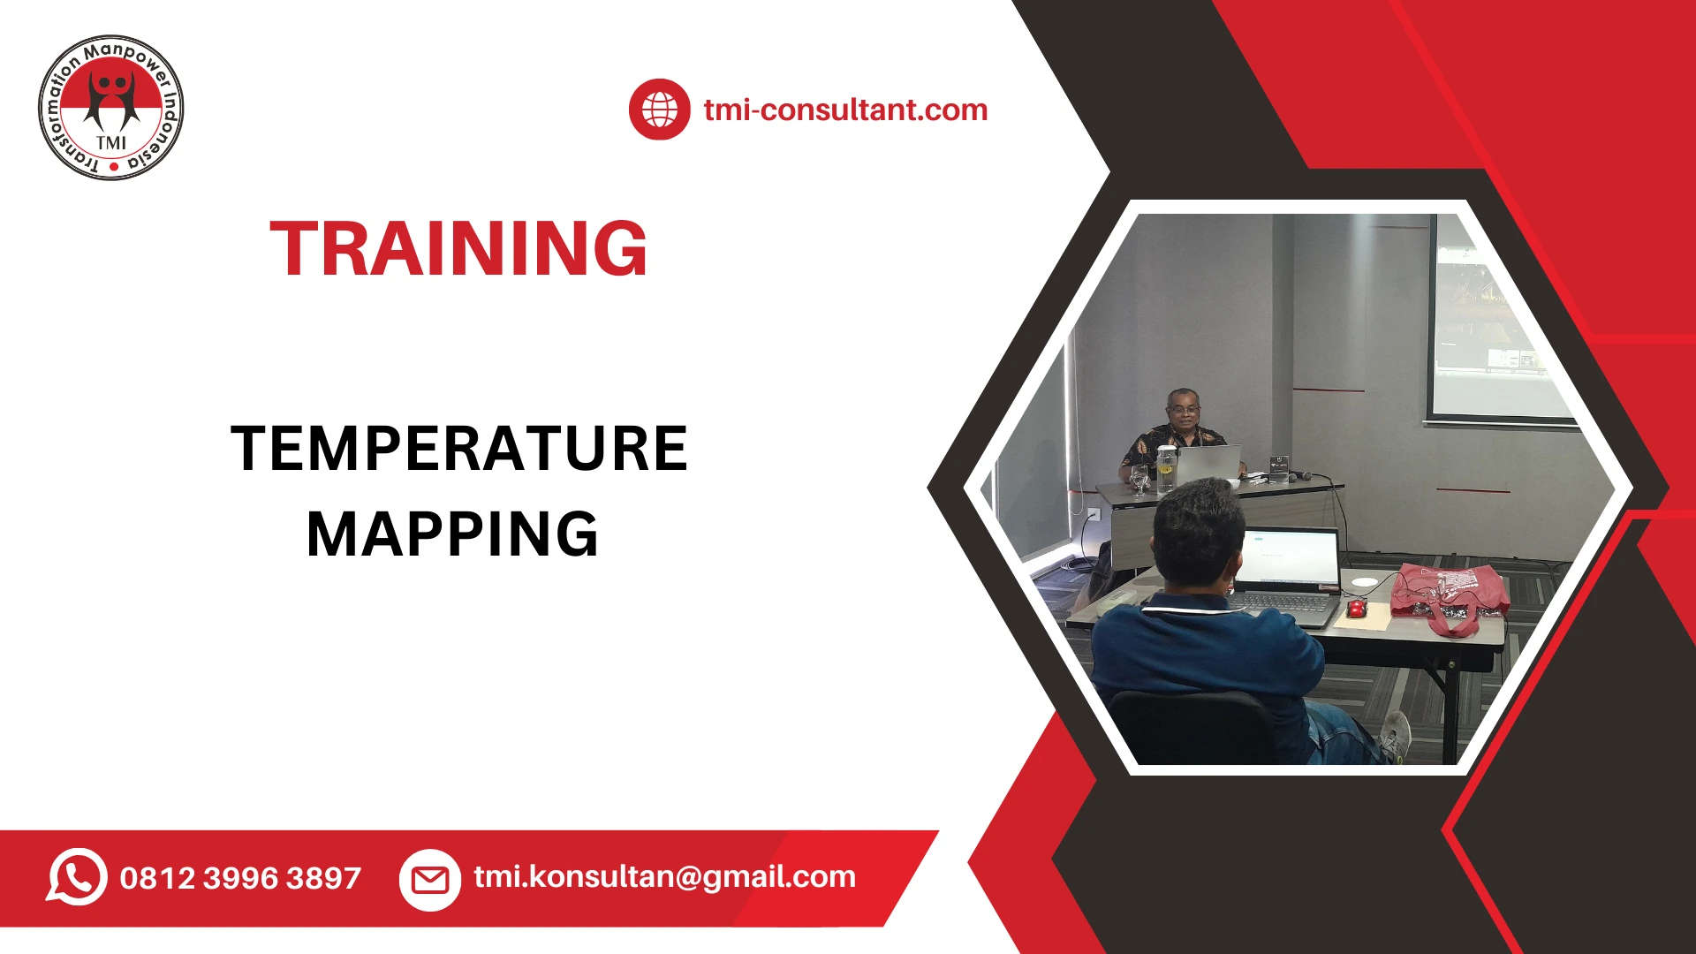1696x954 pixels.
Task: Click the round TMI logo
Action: [111, 108]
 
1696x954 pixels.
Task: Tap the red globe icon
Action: [659, 110]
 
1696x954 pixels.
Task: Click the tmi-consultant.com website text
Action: [845, 110]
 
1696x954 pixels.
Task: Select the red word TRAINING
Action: [458, 249]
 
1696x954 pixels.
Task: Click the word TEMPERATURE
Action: [458, 449]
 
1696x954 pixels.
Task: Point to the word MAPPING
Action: [452, 534]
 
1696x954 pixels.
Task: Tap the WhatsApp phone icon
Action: [77, 877]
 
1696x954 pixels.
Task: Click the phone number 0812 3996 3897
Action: [240, 878]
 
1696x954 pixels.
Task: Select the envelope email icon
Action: [430, 880]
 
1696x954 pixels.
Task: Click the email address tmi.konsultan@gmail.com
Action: [664, 876]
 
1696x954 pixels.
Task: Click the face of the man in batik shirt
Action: [1184, 410]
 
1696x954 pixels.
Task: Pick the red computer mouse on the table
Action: [1356, 608]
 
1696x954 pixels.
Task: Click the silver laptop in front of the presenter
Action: [1208, 464]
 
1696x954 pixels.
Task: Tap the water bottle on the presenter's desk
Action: [1166, 468]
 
